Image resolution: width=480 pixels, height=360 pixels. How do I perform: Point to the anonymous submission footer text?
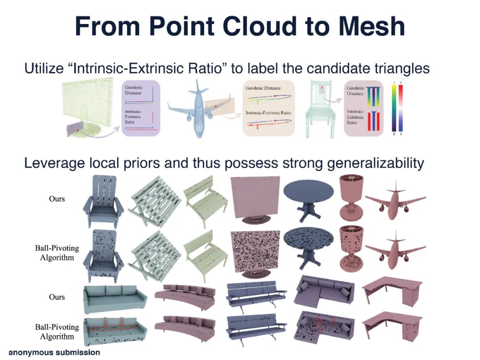(54, 352)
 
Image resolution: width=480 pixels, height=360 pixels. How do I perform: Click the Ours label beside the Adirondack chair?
(57, 199)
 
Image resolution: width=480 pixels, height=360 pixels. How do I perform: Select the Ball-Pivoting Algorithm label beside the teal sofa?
(57, 332)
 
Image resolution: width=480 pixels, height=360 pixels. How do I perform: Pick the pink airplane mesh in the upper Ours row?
(395, 200)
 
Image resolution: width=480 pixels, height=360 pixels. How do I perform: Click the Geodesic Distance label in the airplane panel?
(263, 88)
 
